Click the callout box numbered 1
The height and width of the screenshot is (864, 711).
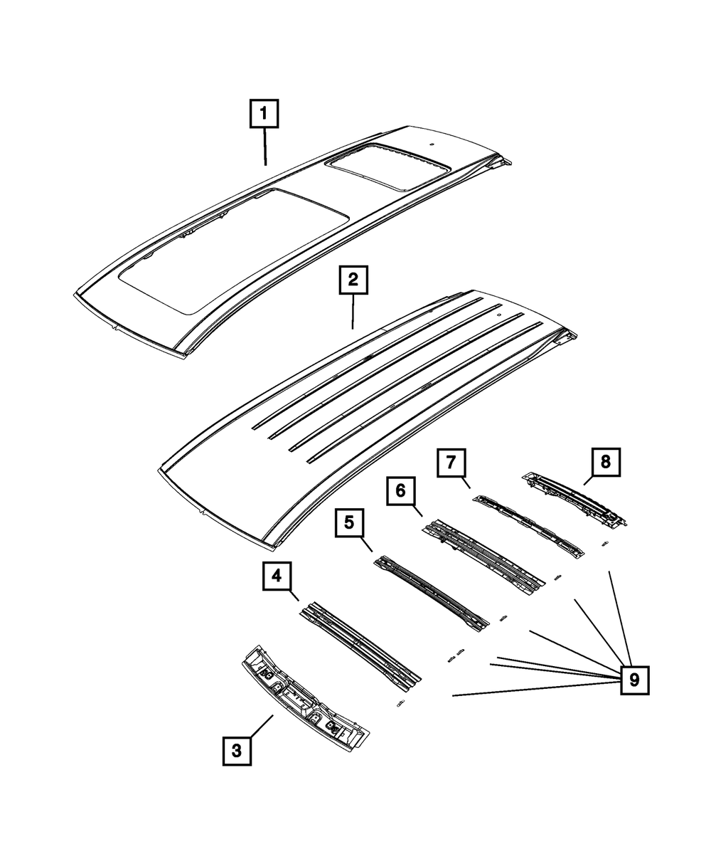(x=264, y=114)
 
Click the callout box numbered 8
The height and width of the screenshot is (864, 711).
(x=604, y=462)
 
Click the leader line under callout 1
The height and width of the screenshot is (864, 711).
(x=265, y=147)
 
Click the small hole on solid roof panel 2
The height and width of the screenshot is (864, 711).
(x=499, y=314)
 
